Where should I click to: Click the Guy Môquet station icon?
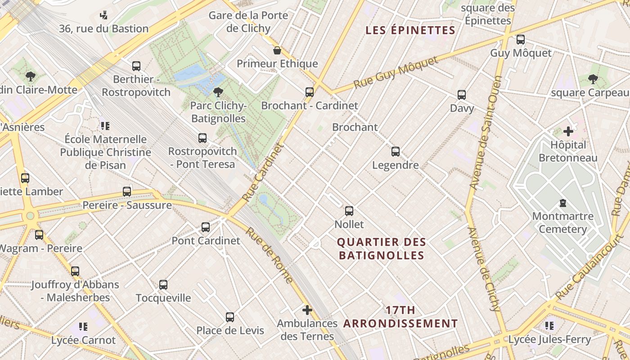click(x=521, y=40)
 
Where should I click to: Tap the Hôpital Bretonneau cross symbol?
click(x=568, y=131)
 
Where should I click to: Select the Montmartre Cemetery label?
click(x=562, y=223)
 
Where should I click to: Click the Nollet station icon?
click(x=349, y=211)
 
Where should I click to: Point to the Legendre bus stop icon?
click(x=396, y=152)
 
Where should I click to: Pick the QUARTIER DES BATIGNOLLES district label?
click(x=382, y=249)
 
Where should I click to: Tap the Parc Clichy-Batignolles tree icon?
click(x=218, y=92)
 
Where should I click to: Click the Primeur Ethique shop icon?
click(x=277, y=50)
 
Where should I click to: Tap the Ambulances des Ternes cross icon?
click(x=307, y=310)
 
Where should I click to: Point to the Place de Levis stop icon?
click(x=230, y=317)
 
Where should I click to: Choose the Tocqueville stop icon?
click(x=163, y=285)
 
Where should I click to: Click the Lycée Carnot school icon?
click(x=83, y=327)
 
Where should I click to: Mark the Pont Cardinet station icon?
click(x=206, y=227)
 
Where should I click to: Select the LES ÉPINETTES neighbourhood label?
click(x=410, y=31)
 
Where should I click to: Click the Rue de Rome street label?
click(x=269, y=255)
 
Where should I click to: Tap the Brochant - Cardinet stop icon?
click(x=310, y=92)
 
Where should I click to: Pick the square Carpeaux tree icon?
click(x=593, y=79)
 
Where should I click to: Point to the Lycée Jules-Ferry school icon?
click(x=549, y=326)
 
